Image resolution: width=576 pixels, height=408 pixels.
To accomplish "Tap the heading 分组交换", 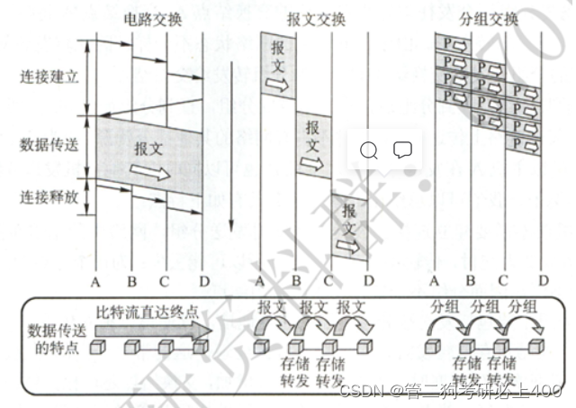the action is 489,19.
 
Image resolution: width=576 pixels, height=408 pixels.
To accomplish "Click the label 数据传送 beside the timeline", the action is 49,144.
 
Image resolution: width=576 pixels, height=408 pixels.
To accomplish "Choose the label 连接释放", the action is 49,195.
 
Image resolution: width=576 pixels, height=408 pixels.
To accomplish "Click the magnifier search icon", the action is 369,150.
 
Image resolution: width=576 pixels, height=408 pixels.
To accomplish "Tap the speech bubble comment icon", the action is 402,150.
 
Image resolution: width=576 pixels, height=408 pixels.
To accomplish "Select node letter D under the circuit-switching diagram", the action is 204,282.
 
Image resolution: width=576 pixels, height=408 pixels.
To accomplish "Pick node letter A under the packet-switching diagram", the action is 435,282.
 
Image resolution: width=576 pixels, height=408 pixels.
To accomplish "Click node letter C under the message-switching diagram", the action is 331,282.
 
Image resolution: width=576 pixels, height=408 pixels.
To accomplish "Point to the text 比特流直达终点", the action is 148,312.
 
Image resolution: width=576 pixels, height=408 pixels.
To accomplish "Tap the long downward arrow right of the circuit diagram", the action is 231,144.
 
